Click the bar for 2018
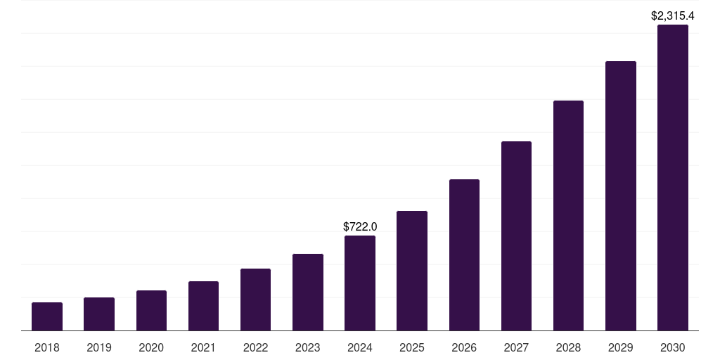47,316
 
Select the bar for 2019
99,314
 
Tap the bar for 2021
203,306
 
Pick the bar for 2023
308,292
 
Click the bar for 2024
360,283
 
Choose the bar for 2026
464,255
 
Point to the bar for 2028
568,215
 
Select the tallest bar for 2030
672,177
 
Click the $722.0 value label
360,226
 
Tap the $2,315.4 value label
672,15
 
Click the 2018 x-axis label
47,347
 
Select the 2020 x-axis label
151,347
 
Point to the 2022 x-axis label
255,347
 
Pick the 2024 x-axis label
360,347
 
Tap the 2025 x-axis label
412,347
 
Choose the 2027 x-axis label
516,347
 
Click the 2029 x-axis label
620,347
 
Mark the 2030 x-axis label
672,347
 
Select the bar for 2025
412,271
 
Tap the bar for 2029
620,195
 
